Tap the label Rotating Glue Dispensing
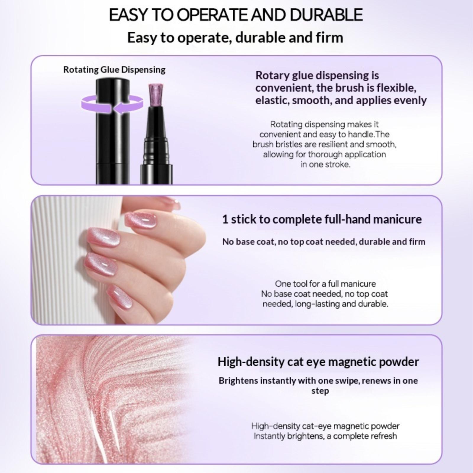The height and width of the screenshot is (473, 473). pyautogui.click(x=114, y=70)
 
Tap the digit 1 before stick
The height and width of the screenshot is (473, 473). pyautogui.click(x=225, y=219)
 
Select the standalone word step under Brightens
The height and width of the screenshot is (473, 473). pyautogui.click(x=320, y=391)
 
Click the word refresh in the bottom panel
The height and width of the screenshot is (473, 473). pyautogui.click(x=383, y=436)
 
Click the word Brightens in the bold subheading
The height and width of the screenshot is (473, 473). pyautogui.click(x=238, y=380)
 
